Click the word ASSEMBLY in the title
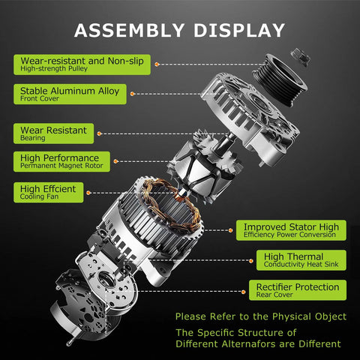point(129,30)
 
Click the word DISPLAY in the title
point(239,30)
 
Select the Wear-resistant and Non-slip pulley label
point(82,64)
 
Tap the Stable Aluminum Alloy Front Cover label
point(70,94)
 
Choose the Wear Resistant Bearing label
point(54,133)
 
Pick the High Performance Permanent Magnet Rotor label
point(61,161)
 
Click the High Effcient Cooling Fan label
point(49,193)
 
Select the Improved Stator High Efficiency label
point(291,230)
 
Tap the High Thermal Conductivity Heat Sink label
point(301,260)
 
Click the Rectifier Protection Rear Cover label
point(298,290)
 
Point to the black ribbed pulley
point(279,79)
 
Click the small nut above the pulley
point(300,57)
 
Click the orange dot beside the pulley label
point(157,64)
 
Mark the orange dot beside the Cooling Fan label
point(88,193)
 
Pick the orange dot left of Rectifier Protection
point(244,292)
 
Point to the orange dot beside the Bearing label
point(99,133)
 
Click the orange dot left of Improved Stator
point(230,230)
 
